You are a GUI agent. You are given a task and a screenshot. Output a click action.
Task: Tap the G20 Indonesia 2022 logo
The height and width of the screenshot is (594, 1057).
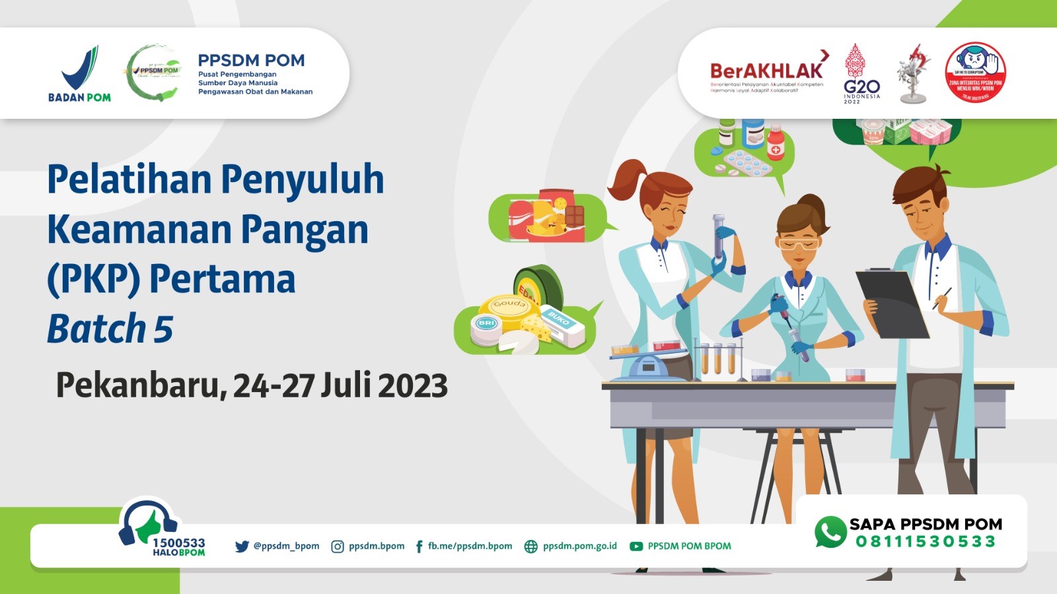pyautogui.click(x=861, y=74)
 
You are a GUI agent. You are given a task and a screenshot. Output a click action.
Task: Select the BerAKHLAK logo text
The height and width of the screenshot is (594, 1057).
pyautogui.click(x=766, y=71)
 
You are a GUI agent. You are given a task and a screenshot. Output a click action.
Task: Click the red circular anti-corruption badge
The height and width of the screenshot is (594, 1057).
pyautogui.click(x=975, y=73)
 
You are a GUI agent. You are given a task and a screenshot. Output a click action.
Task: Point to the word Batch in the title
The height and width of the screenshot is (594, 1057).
pyautogui.click(x=96, y=329)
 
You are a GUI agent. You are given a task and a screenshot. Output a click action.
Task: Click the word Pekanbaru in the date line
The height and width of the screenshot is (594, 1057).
pyautogui.click(x=137, y=385)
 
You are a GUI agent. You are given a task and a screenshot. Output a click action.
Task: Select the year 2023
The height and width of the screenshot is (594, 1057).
pyautogui.click(x=413, y=385)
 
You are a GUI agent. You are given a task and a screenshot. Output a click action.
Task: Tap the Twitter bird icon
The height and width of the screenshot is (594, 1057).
pyautogui.click(x=242, y=546)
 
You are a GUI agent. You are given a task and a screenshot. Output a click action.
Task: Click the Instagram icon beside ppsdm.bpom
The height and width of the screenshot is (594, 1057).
pyautogui.click(x=337, y=546)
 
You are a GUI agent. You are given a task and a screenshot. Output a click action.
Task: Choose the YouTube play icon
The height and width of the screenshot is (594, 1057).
pyautogui.click(x=636, y=546)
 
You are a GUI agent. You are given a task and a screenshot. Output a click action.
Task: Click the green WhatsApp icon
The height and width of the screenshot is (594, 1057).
pyautogui.click(x=830, y=532)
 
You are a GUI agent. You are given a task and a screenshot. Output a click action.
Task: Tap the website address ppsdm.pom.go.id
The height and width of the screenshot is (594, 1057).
pyautogui.click(x=579, y=546)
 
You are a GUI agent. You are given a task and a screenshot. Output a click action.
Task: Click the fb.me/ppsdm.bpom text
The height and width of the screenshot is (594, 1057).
pyautogui.click(x=470, y=546)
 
